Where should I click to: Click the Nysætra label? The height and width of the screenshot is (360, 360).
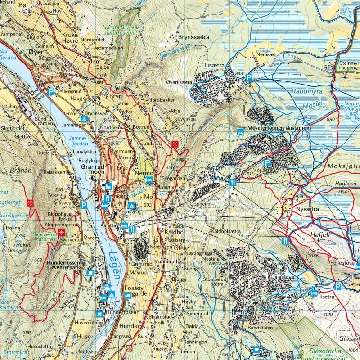[307, 209]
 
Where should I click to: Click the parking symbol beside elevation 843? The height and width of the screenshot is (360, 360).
[249, 78]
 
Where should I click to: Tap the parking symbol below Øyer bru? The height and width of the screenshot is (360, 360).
[52, 92]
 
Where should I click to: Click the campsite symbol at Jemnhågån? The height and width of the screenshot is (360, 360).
[84, 119]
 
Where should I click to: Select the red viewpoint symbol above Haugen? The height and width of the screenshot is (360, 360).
[175, 144]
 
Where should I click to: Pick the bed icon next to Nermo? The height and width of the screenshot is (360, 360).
[149, 179]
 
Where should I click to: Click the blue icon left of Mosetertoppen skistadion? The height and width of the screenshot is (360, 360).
[240, 132]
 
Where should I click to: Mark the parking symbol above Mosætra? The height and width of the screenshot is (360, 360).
[267, 162]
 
